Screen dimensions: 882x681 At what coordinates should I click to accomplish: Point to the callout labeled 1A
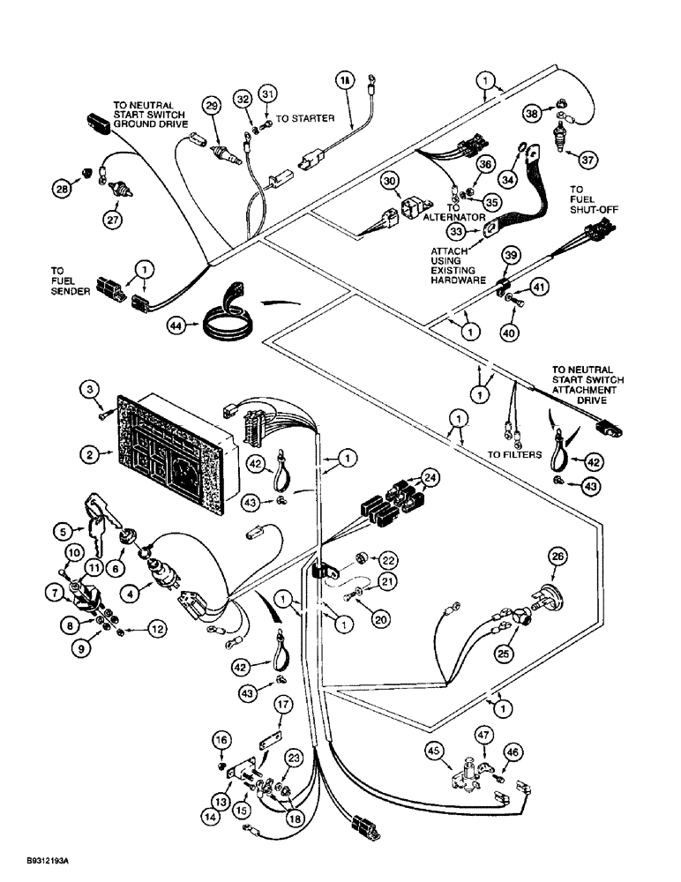(x=346, y=80)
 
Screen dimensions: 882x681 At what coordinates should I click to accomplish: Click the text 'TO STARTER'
(x=305, y=117)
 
